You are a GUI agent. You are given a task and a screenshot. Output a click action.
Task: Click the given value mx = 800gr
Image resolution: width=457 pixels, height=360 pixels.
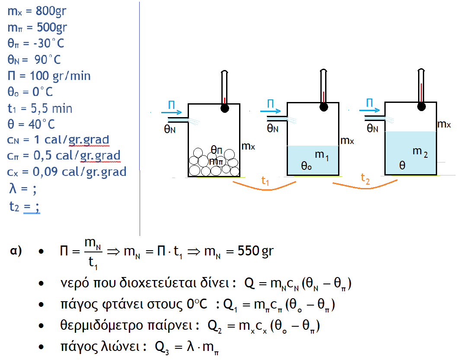point(37,11)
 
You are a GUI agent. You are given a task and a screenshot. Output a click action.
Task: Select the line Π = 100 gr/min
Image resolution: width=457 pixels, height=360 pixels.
point(49,76)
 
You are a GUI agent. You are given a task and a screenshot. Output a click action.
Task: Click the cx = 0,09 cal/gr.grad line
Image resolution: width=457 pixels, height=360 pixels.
point(67,172)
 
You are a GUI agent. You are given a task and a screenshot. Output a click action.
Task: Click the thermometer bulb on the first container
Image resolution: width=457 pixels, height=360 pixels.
point(224,108)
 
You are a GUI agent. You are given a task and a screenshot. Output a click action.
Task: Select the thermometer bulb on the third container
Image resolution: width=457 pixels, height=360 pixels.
point(421,105)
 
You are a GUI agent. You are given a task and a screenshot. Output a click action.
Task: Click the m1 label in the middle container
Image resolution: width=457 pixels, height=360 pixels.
point(322,155)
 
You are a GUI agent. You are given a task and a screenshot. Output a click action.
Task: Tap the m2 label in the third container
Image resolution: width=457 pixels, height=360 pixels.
point(420,152)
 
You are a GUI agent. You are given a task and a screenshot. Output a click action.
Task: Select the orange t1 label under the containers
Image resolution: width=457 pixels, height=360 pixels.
point(265,182)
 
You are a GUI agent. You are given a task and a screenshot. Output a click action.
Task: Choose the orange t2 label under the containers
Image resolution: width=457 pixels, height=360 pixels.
point(365,180)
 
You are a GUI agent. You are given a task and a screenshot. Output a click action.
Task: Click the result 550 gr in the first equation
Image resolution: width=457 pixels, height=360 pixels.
point(256,251)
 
